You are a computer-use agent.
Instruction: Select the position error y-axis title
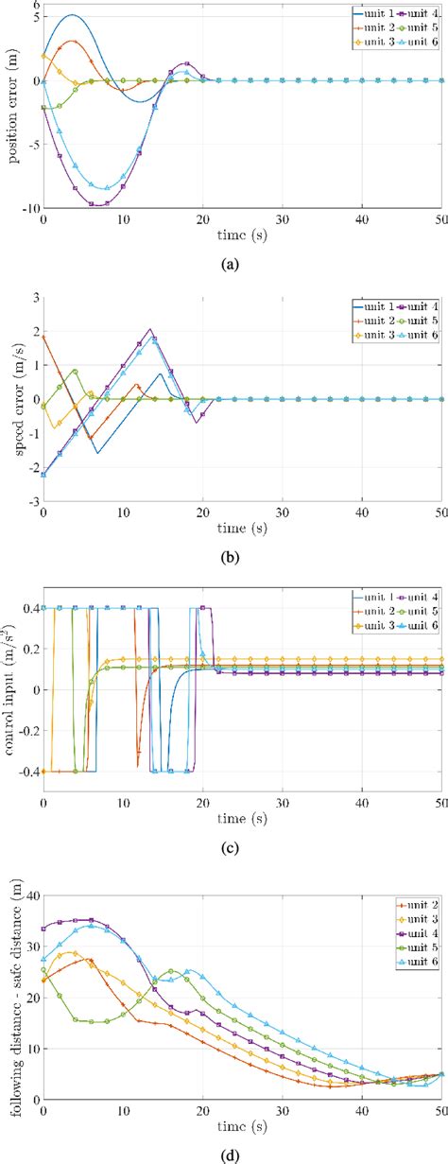click(13, 106)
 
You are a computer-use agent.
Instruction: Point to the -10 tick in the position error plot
click(28, 208)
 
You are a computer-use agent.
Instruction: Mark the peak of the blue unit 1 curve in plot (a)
click(73, 15)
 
